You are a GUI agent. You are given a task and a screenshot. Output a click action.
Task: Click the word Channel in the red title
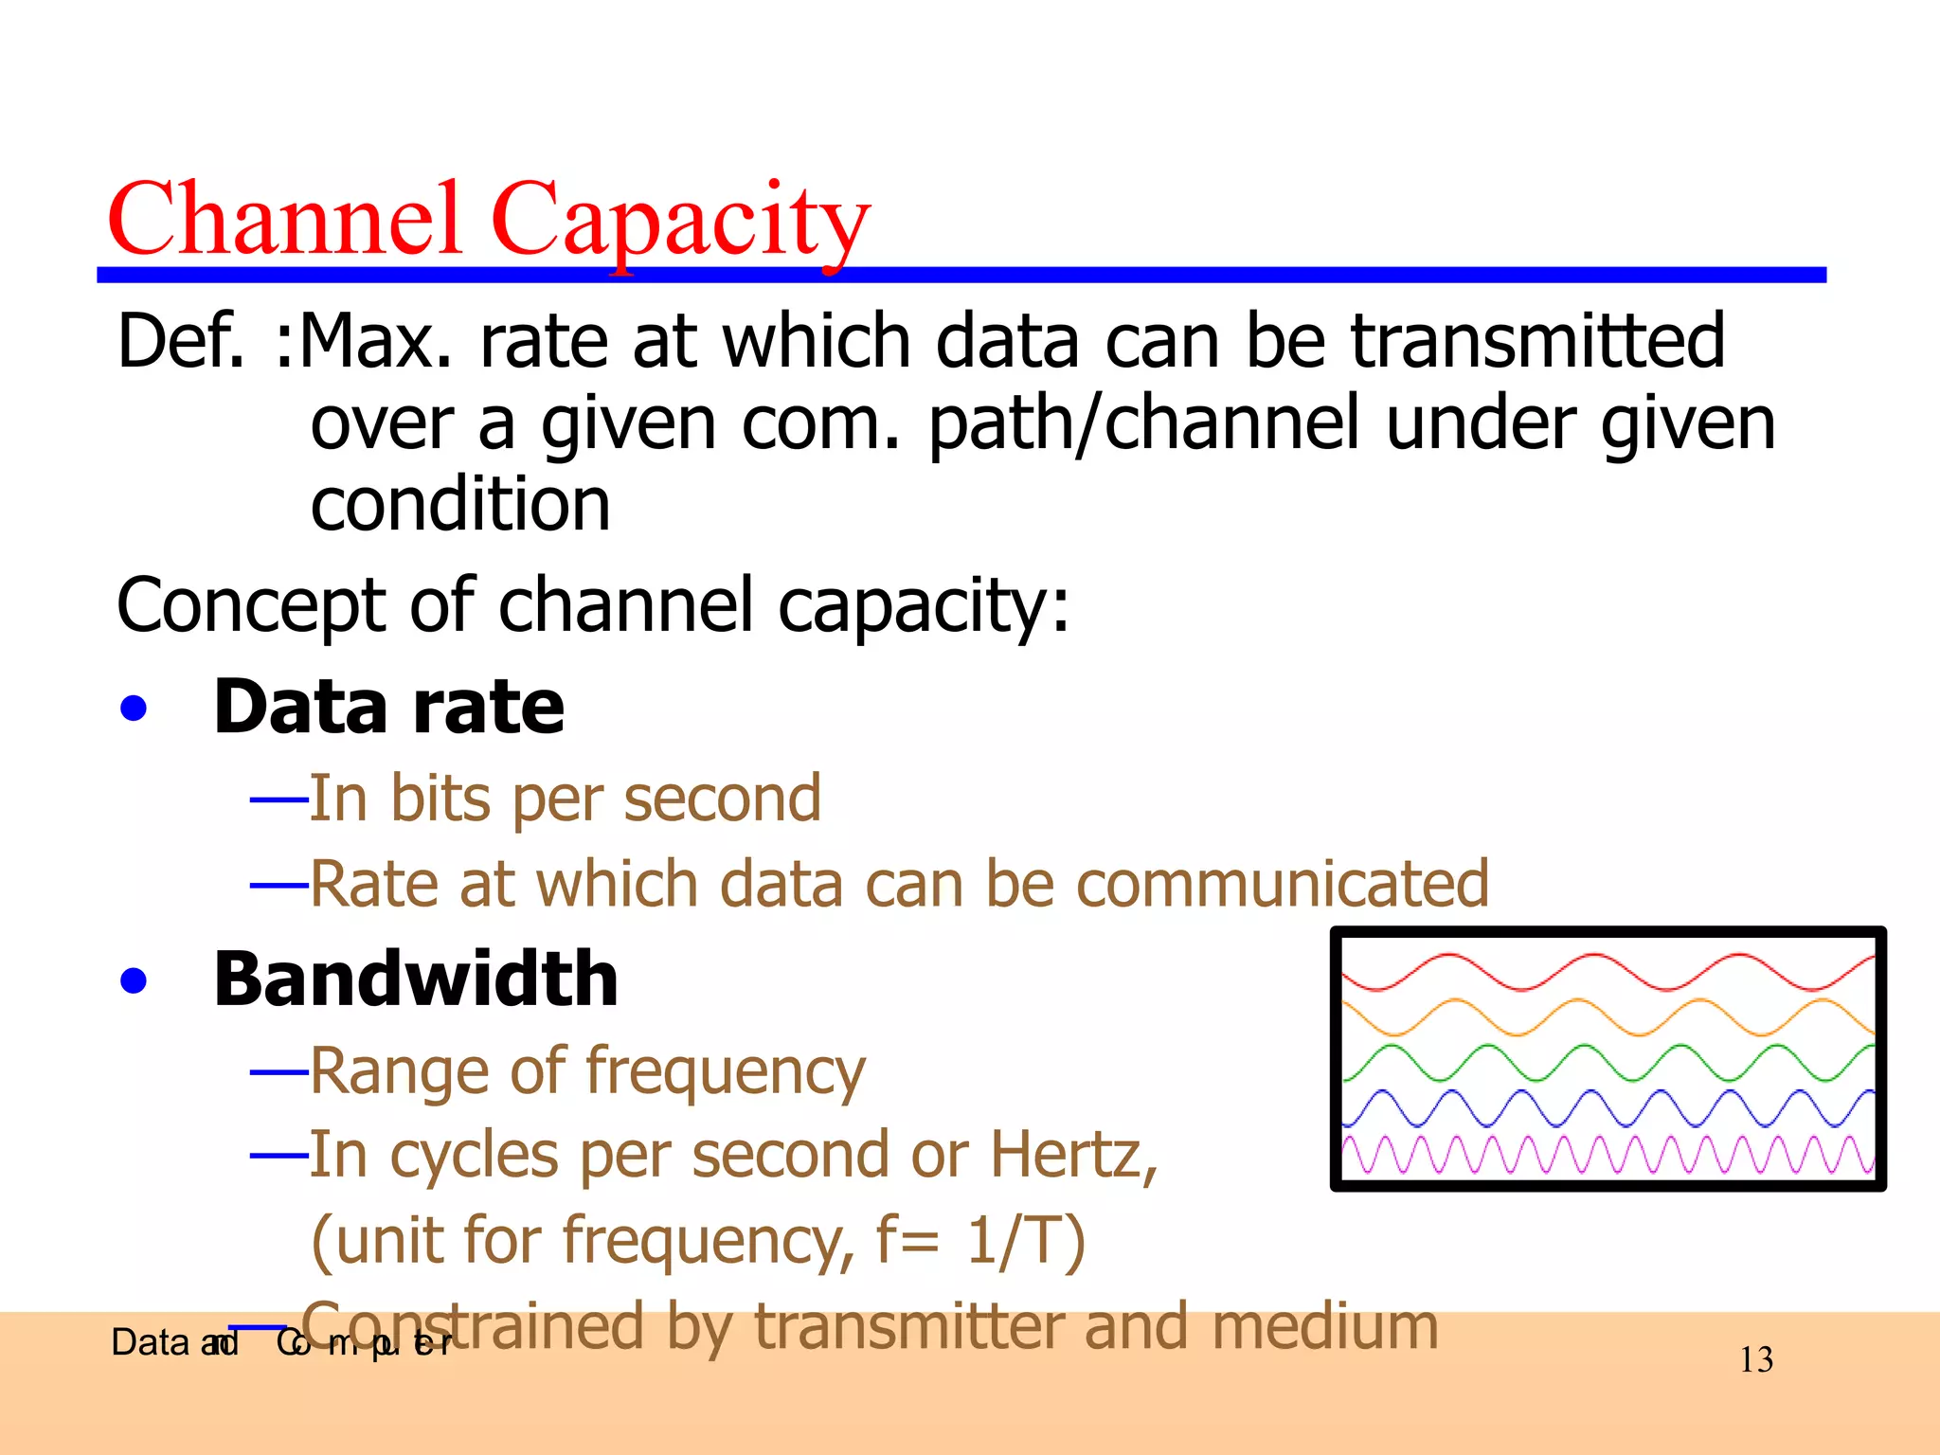(284, 220)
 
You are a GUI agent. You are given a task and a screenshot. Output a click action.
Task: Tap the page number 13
(1756, 1360)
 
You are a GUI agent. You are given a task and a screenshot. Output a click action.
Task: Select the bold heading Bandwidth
(416, 979)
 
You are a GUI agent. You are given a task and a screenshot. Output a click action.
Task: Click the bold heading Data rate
(388, 708)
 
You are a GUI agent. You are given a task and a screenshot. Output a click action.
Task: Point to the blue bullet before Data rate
(134, 709)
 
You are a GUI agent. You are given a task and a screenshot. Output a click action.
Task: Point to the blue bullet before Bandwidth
(134, 980)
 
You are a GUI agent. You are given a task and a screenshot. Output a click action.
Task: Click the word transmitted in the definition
(1536, 341)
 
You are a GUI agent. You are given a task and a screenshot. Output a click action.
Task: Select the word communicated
(1283, 884)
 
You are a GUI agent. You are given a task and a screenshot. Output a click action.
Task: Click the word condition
(460, 504)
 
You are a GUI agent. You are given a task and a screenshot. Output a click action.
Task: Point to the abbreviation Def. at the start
(181, 341)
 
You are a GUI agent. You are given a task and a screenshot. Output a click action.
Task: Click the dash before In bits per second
(278, 800)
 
